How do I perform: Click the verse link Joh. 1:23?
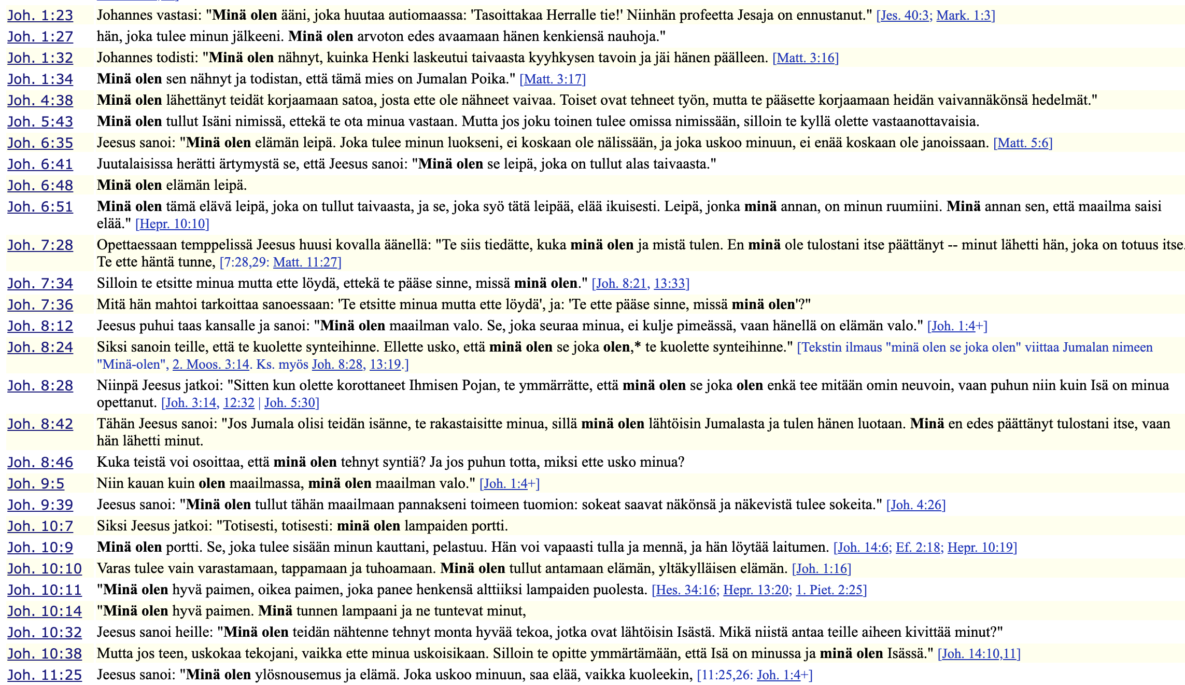(40, 16)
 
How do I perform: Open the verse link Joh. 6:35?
(40, 143)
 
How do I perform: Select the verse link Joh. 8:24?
(40, 347)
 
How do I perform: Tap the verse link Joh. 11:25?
(44, 675)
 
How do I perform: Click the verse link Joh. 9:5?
(36, 484)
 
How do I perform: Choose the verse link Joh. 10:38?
(44, 654)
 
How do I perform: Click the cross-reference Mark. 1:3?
(965, 16)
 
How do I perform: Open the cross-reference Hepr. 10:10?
(173, 224)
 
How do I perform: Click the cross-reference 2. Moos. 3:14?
(211, 365)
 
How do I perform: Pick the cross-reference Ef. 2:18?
(919, 548)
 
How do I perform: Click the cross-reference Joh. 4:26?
(916, 505)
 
